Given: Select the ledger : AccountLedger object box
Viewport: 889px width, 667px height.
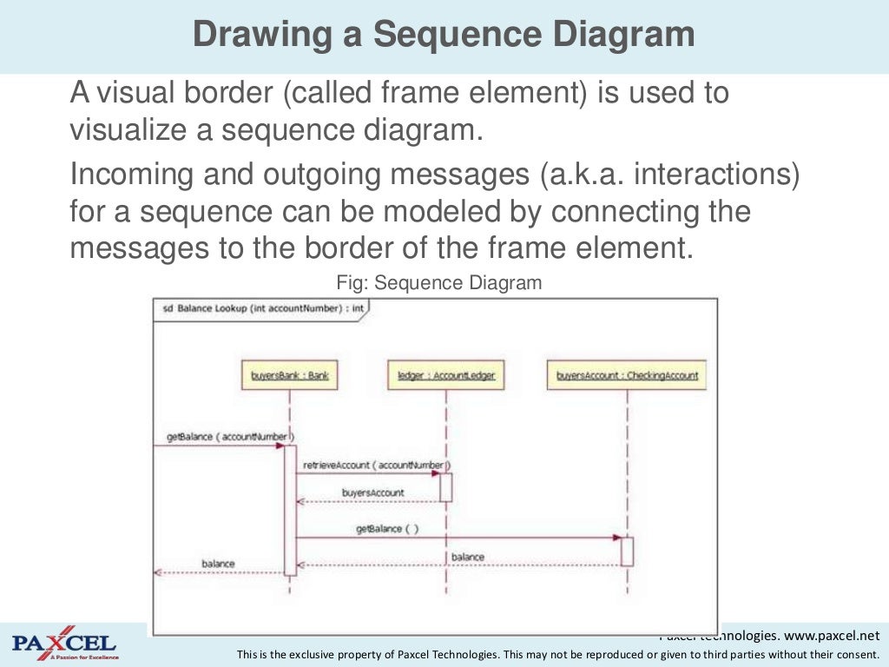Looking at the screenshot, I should [445, 376].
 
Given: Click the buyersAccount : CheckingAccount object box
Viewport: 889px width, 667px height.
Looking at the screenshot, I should [627, 376].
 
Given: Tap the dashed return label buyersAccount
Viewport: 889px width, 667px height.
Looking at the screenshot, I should [372, 492].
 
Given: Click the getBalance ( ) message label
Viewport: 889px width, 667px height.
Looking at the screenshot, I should [387, 528].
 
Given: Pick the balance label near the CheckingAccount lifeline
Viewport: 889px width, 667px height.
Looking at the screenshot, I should [468, 557].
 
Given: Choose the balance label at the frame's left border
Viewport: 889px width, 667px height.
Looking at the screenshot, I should [218, 564].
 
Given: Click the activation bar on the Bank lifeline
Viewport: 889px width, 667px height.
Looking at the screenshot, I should [290, 510].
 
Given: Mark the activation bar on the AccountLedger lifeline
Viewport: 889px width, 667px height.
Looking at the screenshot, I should [446, 486].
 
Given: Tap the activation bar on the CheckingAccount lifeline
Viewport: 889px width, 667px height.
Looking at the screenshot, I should [627, 551].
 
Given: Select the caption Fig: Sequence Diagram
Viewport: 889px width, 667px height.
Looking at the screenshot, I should [438, 283].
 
